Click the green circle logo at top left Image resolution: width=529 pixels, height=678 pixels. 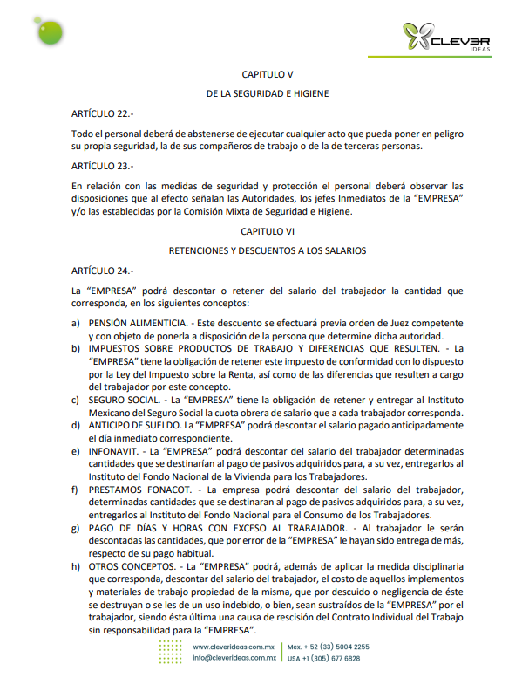pyautogui.click(x=51, y=31)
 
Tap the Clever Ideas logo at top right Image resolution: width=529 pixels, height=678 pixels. pyautogui.click(x=446, y=37)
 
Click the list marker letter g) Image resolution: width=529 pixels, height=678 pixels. pyautogui.click(x=76, y=530)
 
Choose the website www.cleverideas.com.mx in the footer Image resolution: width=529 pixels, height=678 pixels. pyautogui.click(x=234, y=647)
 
